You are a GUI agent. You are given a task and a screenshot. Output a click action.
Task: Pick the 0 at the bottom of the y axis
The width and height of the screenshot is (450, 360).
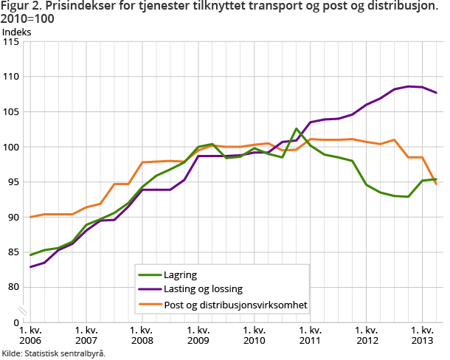point(16,322)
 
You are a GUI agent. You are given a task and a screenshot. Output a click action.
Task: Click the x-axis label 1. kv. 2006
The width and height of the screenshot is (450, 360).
point(30,336)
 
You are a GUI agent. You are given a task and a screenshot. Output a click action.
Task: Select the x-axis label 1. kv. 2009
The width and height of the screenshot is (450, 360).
point(198,336)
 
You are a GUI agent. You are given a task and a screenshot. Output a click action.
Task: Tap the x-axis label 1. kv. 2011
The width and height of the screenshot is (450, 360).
point(310,336)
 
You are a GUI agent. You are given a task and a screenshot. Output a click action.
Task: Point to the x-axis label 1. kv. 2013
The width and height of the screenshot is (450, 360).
point(421,336)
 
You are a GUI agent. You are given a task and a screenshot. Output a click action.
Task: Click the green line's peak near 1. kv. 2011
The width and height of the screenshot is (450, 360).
point(296,129)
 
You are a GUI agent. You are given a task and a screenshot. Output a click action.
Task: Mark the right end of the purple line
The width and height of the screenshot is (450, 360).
point(436,92)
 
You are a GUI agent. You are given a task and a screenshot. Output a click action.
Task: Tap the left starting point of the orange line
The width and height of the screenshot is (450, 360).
point(30,217)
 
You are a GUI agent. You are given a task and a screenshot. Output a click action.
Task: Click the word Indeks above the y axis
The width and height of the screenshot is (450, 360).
point(17,32)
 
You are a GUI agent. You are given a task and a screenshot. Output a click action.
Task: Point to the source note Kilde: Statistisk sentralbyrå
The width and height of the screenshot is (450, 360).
point(54,353)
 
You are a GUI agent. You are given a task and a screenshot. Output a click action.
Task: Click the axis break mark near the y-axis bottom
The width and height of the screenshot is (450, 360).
point(24,309)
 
